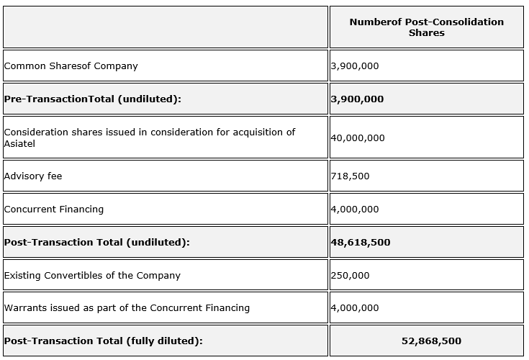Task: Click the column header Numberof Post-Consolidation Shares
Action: coord(426,27)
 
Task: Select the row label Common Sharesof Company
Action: coord(71,66)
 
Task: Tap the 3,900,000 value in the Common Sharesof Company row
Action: coord(355,66)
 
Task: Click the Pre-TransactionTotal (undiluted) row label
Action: coord(92,99)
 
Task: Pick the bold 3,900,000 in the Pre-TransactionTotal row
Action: coord(357,99)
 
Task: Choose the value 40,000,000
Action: coord(358,138)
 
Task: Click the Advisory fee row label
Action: coord(33,176)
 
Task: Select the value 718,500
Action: coord(350,176)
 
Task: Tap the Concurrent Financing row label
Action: coord(54,210)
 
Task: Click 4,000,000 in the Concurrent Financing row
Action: coord(355,210)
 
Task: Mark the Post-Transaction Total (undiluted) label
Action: coord(97,243)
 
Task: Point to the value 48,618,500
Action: coord(361,243)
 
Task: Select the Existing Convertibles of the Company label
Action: coord(92,276)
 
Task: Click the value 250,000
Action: coord(350,276)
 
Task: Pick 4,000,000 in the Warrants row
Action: coord(355,308)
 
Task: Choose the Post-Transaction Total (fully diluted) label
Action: coord(104,341)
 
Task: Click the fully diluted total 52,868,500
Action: coord(431,341)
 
